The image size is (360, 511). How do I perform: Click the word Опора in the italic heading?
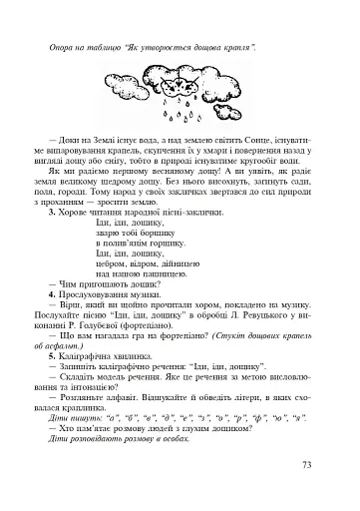coord(62,47)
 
